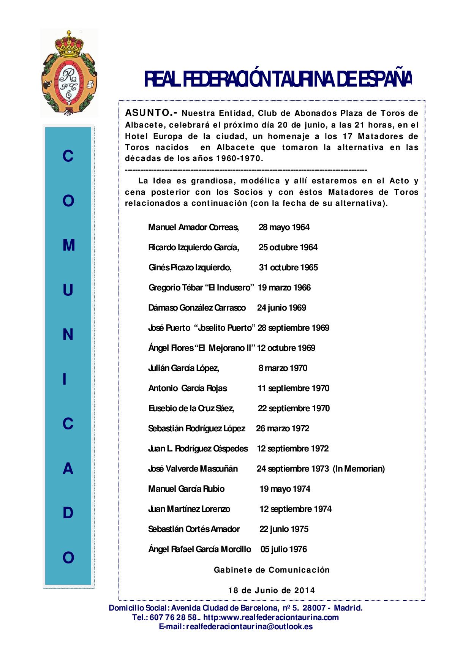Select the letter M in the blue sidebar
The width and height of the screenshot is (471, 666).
click(68, 246)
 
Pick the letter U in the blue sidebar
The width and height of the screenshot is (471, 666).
click(68, 290)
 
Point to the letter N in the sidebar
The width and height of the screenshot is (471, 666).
click(68, 335)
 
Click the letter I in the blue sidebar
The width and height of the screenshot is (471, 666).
click(65, 379)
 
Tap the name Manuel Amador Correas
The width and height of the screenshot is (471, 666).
click(193, 227)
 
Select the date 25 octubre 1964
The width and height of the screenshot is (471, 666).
click(288, 248)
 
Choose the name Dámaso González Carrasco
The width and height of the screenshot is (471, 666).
click(197, 308)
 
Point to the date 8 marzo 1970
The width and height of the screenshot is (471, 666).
click(283, 368)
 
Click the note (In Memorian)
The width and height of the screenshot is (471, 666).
click(359, 469)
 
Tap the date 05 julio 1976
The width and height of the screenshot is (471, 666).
click(283, 549)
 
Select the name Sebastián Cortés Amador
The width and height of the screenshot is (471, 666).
click(194, 529)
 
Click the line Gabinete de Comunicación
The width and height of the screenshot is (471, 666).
click(272, 570)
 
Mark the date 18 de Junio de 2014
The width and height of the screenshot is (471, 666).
click(272, 590)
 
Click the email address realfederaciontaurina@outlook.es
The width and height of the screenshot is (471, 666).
click(249, 627)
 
